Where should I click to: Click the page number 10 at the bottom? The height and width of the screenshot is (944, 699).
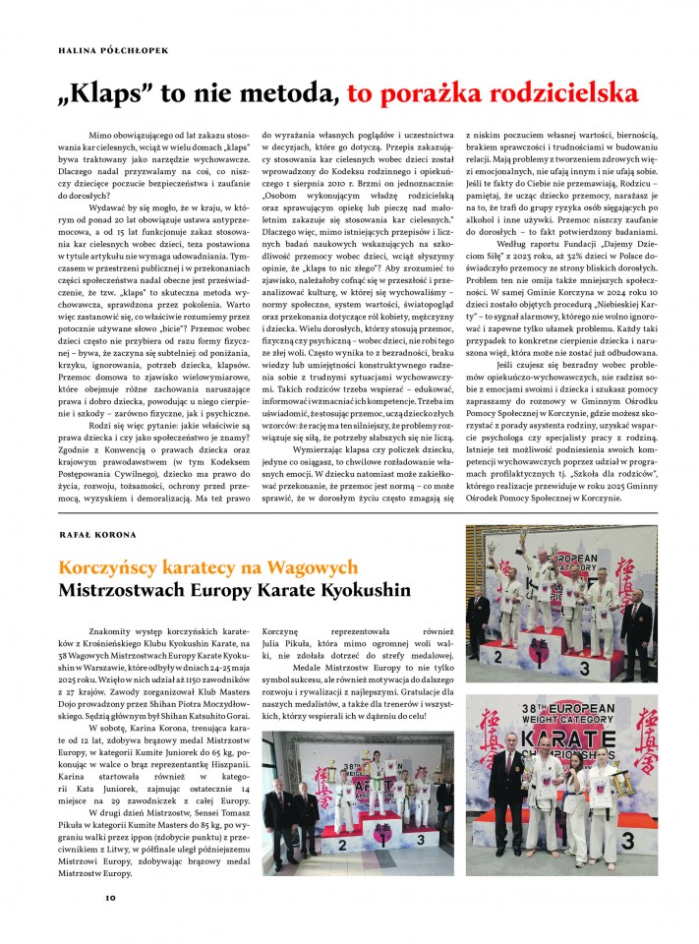click(x=110, y=897)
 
